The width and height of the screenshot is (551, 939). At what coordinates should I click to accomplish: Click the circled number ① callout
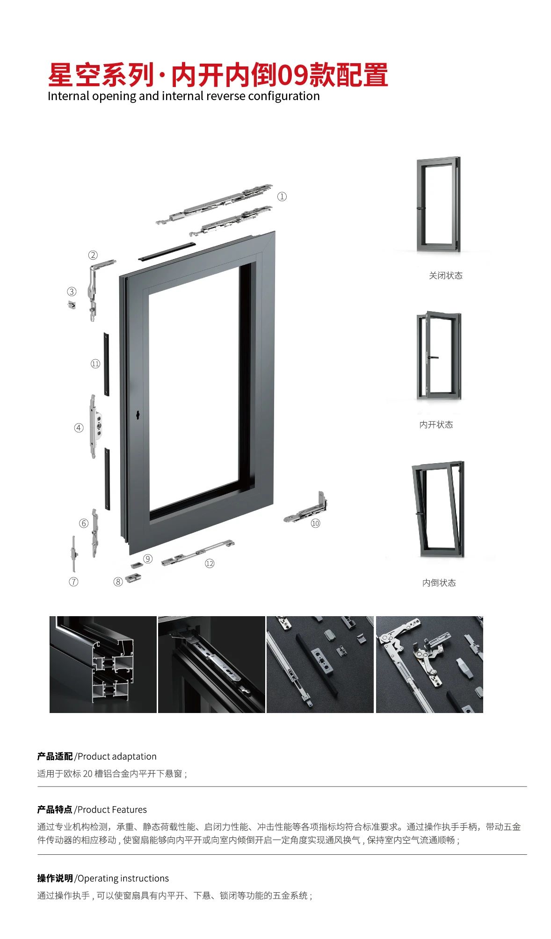[282, 197]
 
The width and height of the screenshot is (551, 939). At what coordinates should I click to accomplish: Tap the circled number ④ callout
[79, 428]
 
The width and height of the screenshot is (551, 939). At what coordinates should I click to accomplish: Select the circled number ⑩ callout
[315, 523]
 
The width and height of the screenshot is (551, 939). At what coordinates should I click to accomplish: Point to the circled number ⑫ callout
[210, 563]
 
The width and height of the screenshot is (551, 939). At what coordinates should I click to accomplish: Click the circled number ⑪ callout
[95, 364]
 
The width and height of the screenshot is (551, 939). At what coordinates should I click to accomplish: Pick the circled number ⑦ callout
[73, 582]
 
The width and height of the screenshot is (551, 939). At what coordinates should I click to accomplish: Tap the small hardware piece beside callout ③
[72, 305]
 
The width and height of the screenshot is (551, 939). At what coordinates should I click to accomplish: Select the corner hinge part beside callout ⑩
[306, 508]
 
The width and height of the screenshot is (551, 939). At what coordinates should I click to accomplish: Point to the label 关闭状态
[445, 276]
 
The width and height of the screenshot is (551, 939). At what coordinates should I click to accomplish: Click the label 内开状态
[436, 424]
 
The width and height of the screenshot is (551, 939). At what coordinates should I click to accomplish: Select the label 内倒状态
[439, 582]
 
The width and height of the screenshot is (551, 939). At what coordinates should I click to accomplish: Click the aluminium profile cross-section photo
[103, 664]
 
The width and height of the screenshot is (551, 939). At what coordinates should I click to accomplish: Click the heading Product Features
[112, 809]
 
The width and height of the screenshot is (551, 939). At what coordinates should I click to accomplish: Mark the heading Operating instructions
[123, 878]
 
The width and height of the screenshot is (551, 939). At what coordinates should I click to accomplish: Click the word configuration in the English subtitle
[284, 96]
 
